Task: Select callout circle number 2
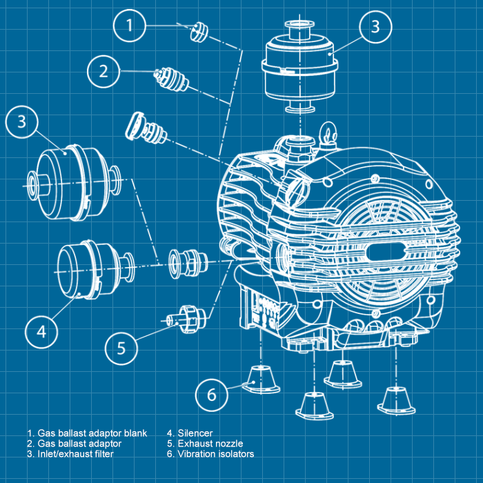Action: click(x=103, y=70)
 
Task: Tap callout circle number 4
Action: click(x=41, y=331)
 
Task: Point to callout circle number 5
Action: click(x=121, y=347)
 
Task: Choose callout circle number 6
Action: click(x=211, y=395)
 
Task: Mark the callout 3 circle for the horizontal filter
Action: click(x=22, y=121)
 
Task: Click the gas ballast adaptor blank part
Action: click(x=199, y=32)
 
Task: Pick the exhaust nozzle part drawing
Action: click(x=186, y=317)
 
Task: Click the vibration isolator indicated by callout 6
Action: click(x=260, y=377)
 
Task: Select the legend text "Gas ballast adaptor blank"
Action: click(x=92, y=433)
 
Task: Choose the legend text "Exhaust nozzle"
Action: click(x=210, y=444)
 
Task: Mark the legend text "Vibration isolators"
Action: click(x=215, y=454)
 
